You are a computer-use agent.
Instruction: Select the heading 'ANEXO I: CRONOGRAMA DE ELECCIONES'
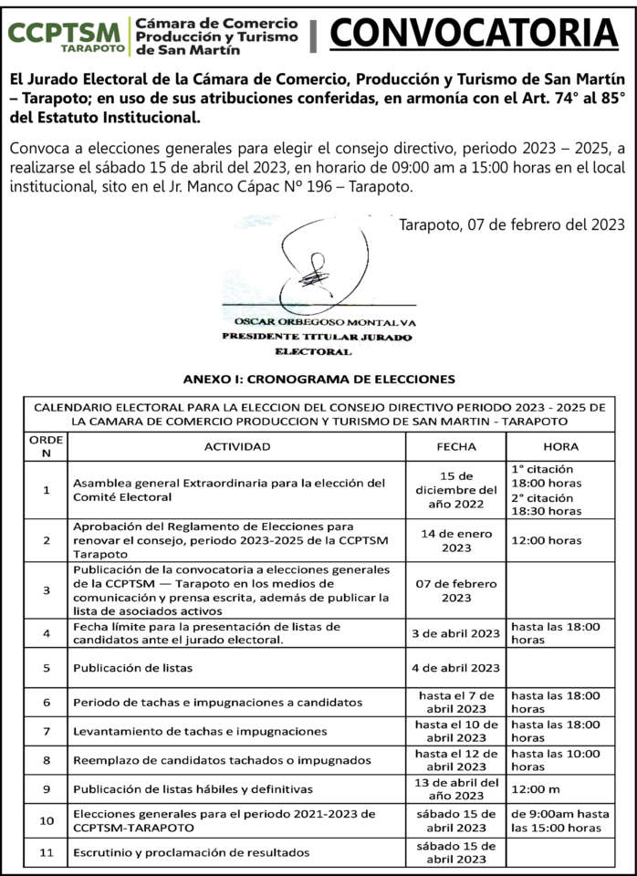[x=318, y=379]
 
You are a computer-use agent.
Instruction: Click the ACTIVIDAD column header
[x=236, y=446]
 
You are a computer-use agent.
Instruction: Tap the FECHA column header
[x=456, y=446]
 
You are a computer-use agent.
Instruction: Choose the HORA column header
[x=560, y=446]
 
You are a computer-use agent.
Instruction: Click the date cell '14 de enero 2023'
[x=456, y=540]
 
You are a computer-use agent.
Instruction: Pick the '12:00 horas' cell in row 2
[x=546, y=540]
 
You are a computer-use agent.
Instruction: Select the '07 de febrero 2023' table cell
[x=456, y=589]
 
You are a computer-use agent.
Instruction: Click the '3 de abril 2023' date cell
[x=456, y=633]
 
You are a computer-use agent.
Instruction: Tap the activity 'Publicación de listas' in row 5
[x=132, y=668]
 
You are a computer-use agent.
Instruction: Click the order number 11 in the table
[x=47, y=852]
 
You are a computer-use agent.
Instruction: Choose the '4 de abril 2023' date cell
[x=456, y=668]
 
